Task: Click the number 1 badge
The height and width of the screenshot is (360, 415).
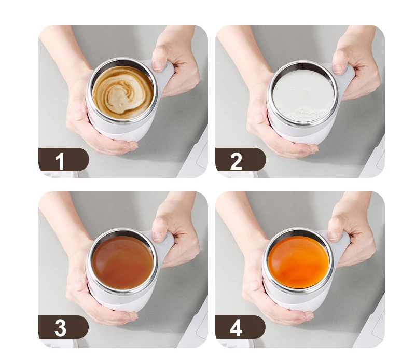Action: point(63,160)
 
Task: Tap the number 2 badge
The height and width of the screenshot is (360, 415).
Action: point(240,160)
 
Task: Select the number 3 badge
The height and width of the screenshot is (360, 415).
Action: point(63,327)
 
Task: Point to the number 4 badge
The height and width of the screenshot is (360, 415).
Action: point(240,327)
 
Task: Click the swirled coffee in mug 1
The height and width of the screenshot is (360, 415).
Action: point(123,92)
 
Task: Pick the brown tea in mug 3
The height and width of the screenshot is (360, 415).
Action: point(122,263)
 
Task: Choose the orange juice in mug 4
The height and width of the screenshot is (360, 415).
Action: point(299,262)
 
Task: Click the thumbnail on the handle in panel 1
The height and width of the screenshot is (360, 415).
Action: point(159,66)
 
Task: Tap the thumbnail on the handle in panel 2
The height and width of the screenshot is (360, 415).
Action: point(339,69)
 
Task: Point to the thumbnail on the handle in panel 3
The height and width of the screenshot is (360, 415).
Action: point(158,236)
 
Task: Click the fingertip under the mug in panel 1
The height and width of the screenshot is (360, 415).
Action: point(133,145)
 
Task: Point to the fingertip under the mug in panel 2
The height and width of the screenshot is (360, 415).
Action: point(313,148)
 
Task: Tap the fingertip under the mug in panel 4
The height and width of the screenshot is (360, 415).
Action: point(309,315)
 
